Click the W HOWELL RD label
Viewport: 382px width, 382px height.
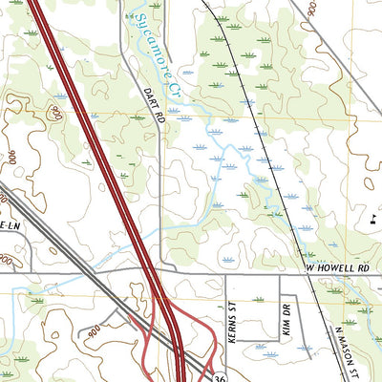coord(337,270)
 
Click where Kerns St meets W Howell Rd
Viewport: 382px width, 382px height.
coord(225,274)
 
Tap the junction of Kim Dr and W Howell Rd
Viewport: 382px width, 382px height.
coord(279,274)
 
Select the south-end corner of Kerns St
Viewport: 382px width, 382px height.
coord(225,340)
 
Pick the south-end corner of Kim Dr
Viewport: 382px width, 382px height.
coord(279,340)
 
